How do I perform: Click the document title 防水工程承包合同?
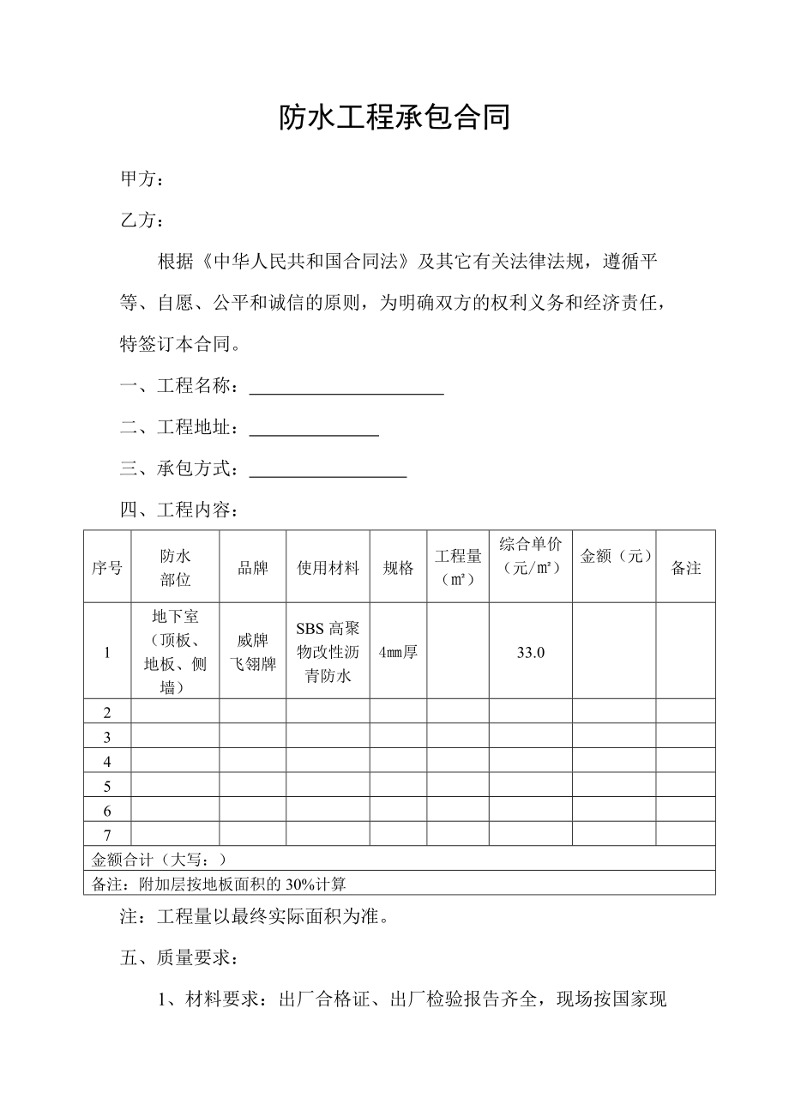pyautogui.click(x=394, y=118)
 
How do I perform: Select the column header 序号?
pyautogui.click(x=107, y=568)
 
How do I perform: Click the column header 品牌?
pyautogui.click(x=253, y=568)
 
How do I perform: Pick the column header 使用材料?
pyautogui.click(x=328, y=568)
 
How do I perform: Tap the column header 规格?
pyautogui.click(x=398, y=568)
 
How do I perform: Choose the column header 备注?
pyautogui.click(x=686, y=568)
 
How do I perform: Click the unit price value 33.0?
pyautogui.click(x=531, y=652)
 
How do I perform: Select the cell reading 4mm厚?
pyautogui.click(x=398, y=652)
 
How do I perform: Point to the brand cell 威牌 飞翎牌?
pyautogui.click(x=253, y=652)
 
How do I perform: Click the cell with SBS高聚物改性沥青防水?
pyautogui.click(x=328, y=652)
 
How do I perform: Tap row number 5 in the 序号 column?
pyautogui.click(x=107, y=786)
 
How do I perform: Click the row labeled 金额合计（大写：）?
pyautogui.click(x=160, y=859)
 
